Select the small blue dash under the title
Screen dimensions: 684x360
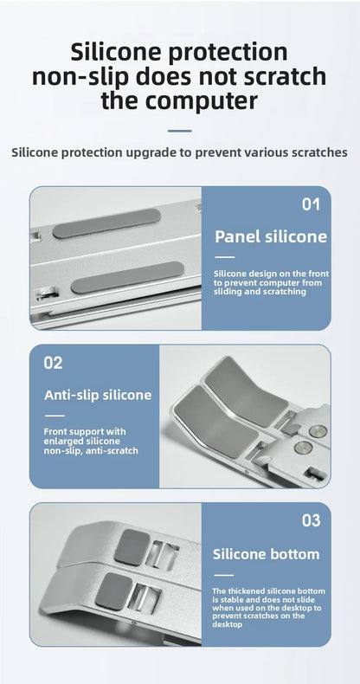(179, 131)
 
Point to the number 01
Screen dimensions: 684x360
(311, 205)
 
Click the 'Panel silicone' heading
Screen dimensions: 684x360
(270, 236)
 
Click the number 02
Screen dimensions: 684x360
(54, 363)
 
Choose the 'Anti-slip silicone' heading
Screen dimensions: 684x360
(97, 395)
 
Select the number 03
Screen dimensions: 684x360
(311, 521)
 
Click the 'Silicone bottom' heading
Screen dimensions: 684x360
(266, 554)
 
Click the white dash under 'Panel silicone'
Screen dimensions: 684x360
(224, 257)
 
